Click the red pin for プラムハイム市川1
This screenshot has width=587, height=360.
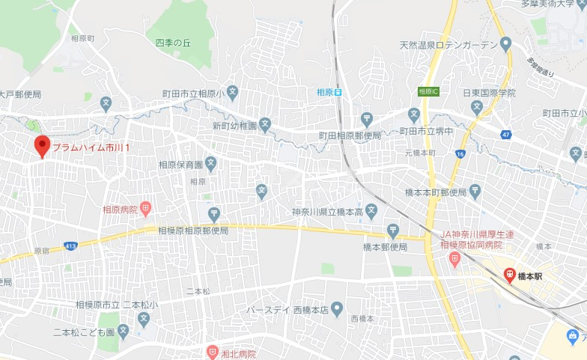pos(42,145)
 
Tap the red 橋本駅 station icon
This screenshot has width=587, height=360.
pos(509,275)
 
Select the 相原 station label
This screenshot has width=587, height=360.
pos(324,92)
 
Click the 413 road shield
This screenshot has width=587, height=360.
pos(70,244)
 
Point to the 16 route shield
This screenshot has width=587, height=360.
pos(460,153)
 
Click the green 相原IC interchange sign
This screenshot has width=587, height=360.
pos(428,91)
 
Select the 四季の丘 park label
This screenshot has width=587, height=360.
pos(174,43)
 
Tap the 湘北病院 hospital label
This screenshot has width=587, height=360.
pos(237,353)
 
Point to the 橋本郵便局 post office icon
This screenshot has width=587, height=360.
pos(393,231)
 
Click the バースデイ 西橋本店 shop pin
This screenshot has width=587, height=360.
pos(337,308)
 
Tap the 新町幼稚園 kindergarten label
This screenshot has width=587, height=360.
pos(234,125)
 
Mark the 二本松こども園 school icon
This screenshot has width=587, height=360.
pos(124,331)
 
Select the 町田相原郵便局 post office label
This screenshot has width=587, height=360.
pos(350,135)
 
